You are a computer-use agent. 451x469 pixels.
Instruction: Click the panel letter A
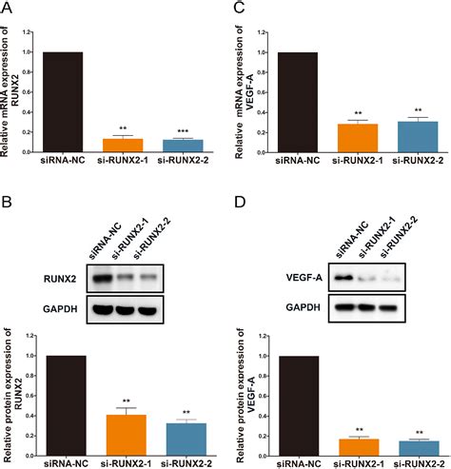(x=8, y=9)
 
